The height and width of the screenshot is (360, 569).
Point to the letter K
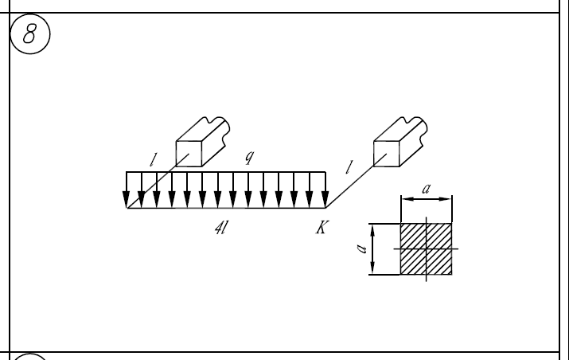[x=321, y=228]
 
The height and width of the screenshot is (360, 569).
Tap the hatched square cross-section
[x=426, y=248]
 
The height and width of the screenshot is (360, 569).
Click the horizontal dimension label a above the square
[x=426, y=188]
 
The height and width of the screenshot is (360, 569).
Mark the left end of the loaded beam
[x=127, y=209]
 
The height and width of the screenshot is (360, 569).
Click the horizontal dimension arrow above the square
[x=426, y=199]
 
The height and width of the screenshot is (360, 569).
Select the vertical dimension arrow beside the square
[x=373, y=248]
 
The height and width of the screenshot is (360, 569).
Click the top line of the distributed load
[x=226, y=171]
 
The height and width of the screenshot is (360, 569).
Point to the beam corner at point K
[x=326, y=209]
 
